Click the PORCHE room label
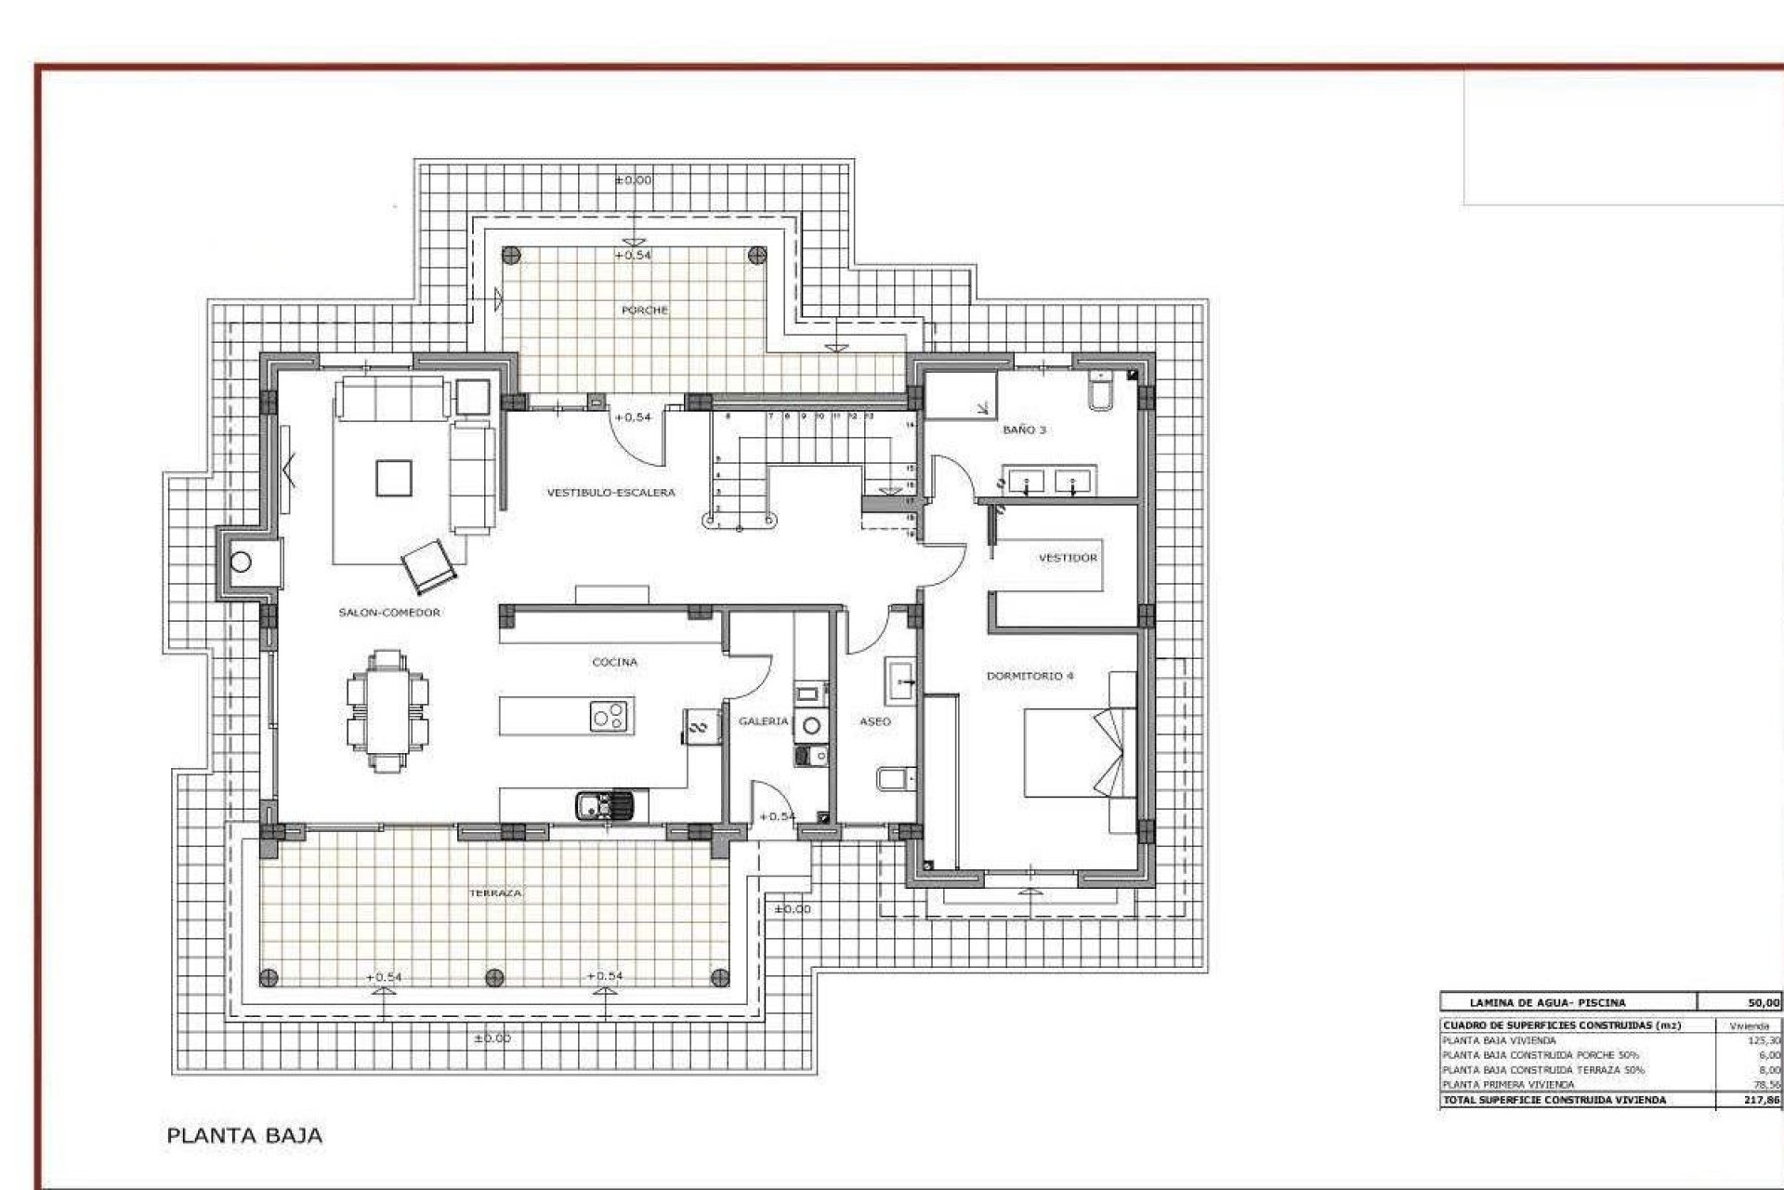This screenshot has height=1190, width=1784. click(x=644, y=311)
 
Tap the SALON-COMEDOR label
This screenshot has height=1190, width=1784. click(x=389, y=613)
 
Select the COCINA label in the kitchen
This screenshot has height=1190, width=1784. click(x=614, y=663)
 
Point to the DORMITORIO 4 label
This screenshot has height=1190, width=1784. click(x=1030, y=676)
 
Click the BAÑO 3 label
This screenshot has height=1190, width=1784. click(x=1024, y=430)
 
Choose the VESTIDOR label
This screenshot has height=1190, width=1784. click(x=1067, y=558)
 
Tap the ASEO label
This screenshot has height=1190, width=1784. click(x=875, y=721)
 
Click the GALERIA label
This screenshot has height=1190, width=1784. click(x=763, y=721)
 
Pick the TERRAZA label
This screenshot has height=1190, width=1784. click(x=495, y=892)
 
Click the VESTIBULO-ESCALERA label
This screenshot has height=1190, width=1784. click(x=610, y=493)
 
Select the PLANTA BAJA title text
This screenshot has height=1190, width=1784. click(x=244, y=1135)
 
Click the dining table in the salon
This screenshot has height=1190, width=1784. click(x=388, y=711)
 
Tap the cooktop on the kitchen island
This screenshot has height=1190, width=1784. click(x=610, y=716)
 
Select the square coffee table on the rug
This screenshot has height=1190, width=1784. click(x=393, y=479)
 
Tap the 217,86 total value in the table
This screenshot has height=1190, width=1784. click(x=1763, y=1100)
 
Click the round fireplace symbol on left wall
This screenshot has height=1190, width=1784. click(x=242, y=562)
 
